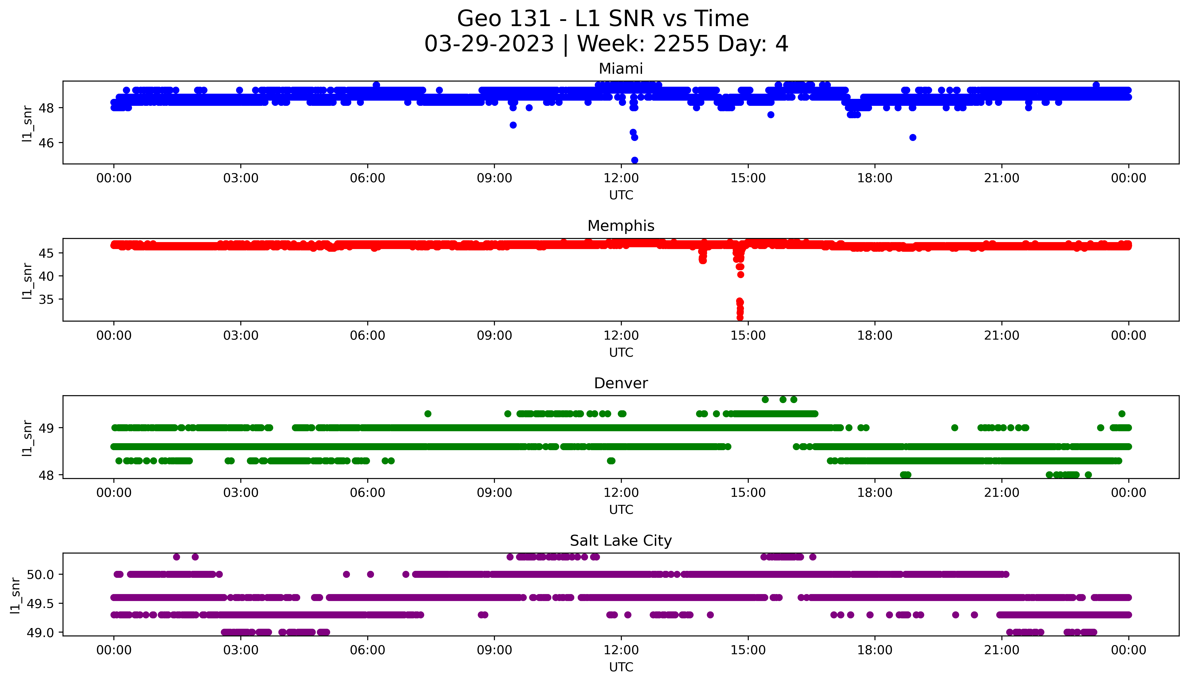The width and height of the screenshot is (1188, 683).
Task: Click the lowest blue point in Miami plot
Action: pos(635,160)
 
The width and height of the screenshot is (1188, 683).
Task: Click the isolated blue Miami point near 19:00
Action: pos(913,137)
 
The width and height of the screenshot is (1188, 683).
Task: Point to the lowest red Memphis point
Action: pos(740,318)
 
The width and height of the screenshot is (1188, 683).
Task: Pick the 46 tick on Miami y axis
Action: pos(47,143)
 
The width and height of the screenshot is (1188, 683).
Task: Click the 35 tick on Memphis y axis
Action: pos(47,299)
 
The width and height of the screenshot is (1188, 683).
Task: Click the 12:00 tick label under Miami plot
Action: pos(621,178)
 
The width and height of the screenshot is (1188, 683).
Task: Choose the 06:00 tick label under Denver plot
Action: pos(367,492)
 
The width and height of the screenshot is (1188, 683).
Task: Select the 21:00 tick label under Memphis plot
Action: pos(1001,335)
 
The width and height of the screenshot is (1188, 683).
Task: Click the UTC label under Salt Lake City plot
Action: pos(621,667)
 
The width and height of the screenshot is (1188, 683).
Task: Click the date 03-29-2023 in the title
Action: pos(489,44)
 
